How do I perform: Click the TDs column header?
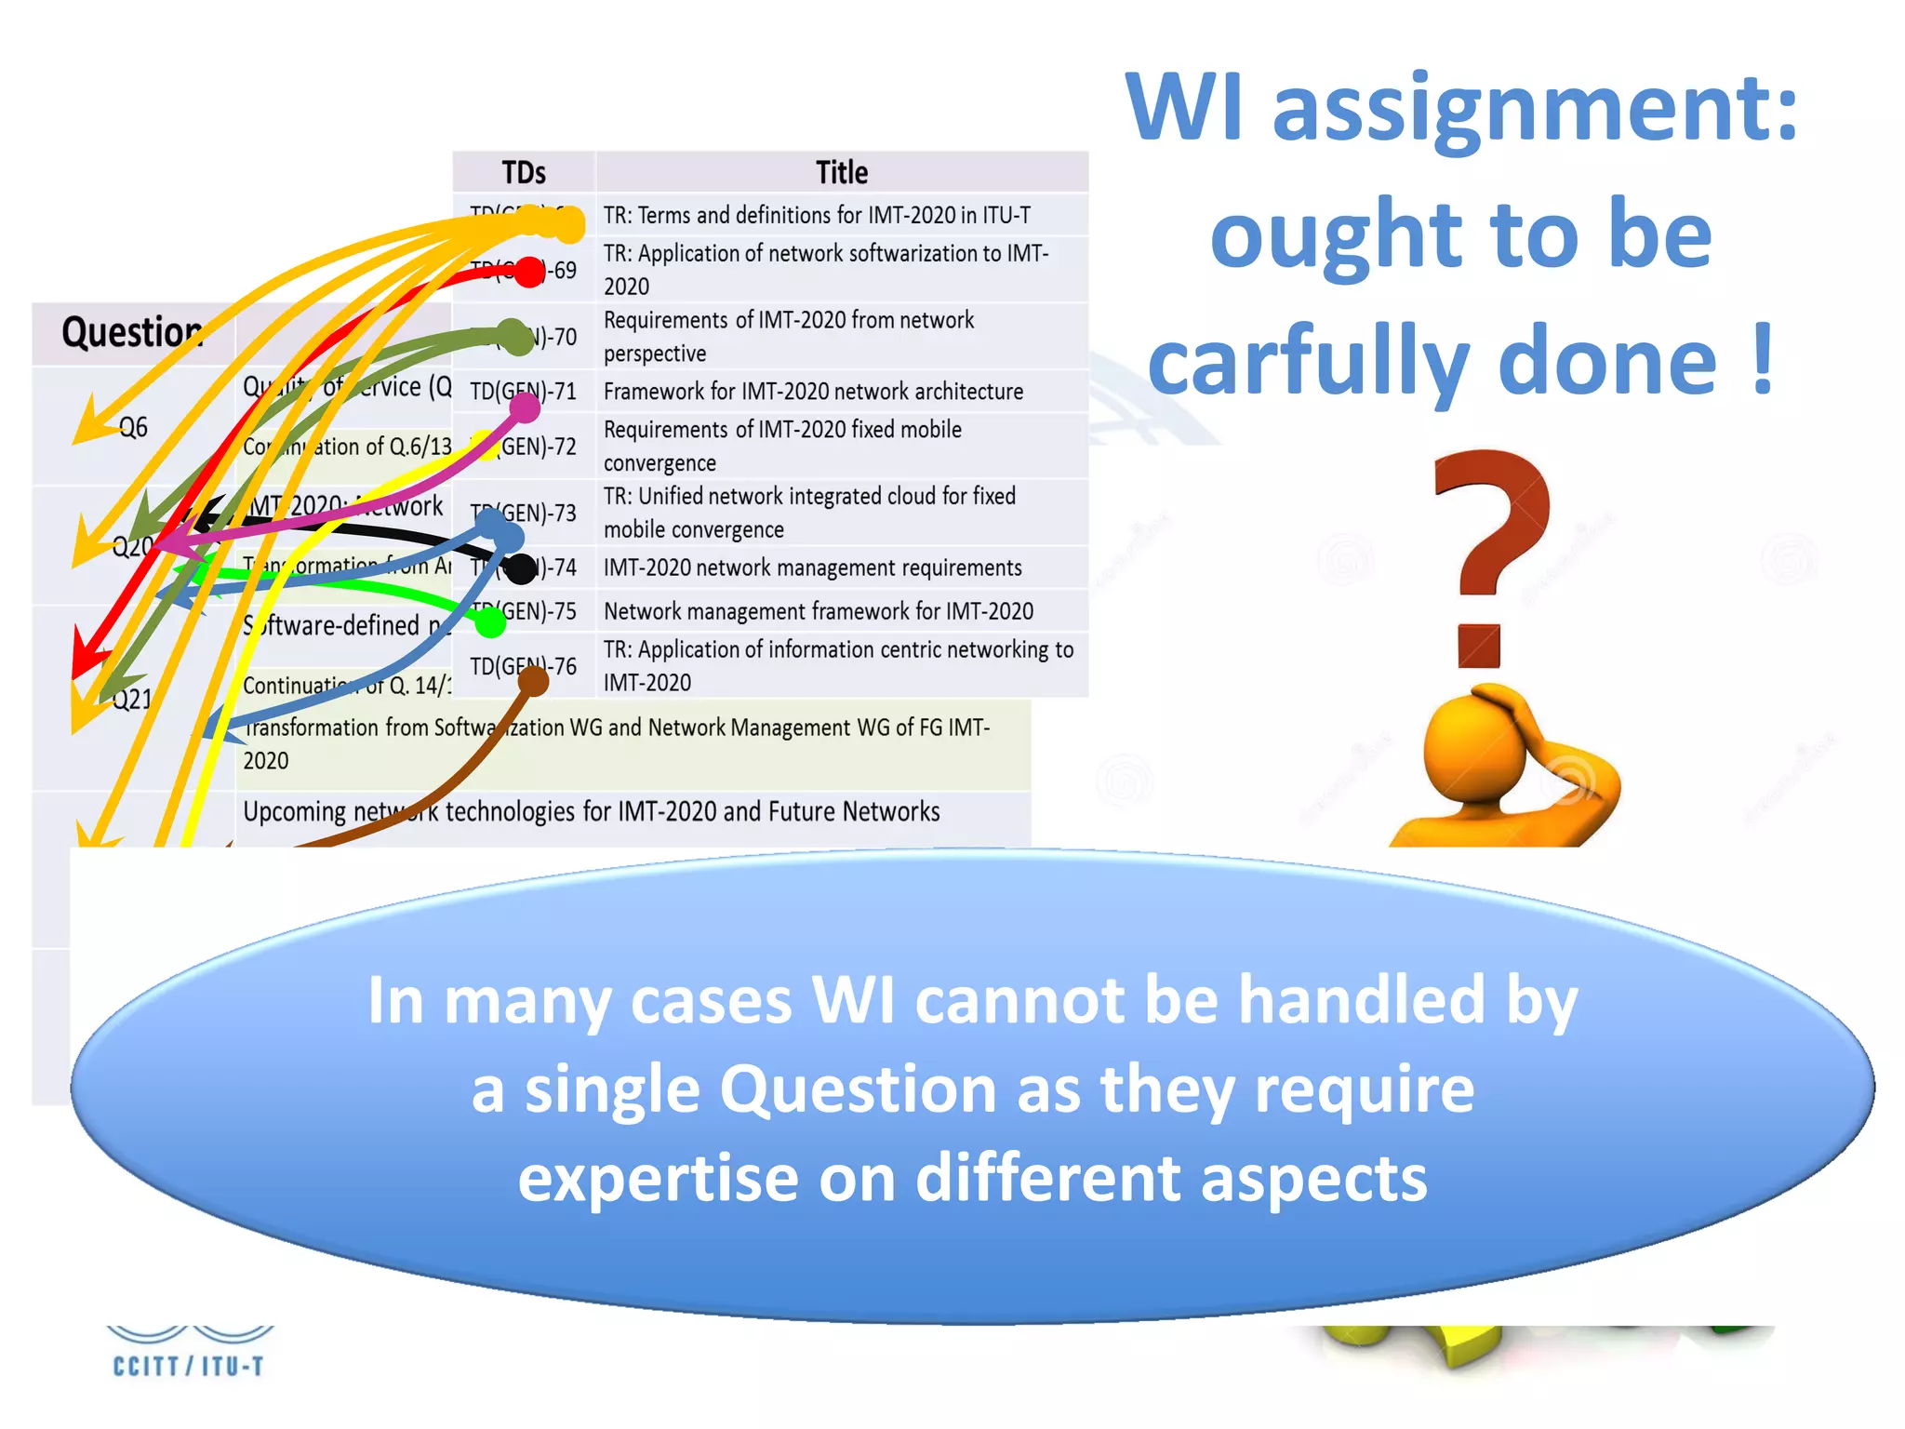pos(524,172)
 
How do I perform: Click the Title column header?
pos(842,172)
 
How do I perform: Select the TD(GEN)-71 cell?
pos(523,391)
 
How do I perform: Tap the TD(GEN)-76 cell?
pos(523,665)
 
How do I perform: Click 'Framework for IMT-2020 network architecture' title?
pos(813,391)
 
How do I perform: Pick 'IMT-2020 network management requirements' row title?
pos(812,568)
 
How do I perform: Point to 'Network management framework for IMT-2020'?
pos(819,611)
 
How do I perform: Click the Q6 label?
pos(133,427)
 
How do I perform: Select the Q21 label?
pos(131,699)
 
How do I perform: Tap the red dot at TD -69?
pos(529,272)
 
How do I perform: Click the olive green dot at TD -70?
pos(513,336)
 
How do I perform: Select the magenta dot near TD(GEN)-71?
pos(526,407)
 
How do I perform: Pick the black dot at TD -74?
pos(521,568)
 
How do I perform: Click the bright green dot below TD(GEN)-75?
pos(490,623)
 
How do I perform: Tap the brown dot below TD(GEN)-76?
pos(533,682)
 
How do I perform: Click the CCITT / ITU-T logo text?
pos(188,1366)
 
